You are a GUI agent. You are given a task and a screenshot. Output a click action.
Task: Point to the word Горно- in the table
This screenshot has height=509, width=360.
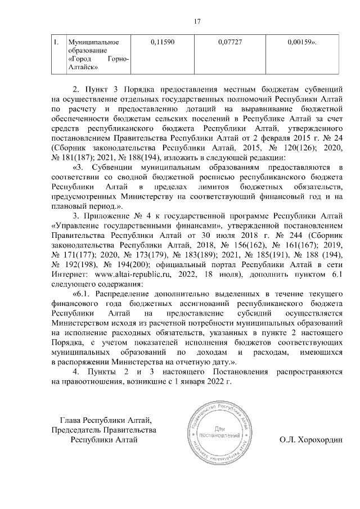pyautogui.click(x=116, y=60)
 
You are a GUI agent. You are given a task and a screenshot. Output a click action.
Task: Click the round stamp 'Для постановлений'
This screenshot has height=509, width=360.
pyautogui.click(x=217, y=432)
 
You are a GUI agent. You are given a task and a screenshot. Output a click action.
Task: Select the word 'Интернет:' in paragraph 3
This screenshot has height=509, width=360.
pyautogui.click(x=69, y=275)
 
